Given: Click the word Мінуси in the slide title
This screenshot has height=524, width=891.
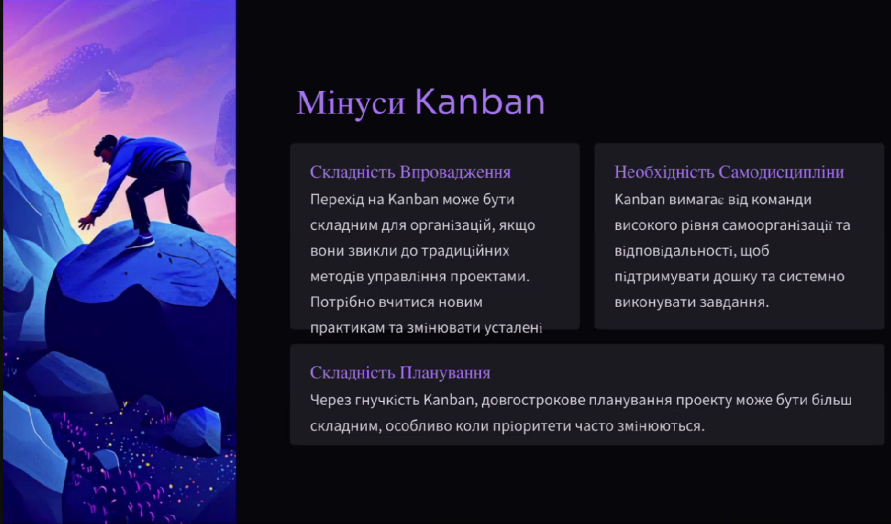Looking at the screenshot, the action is coord(351,103).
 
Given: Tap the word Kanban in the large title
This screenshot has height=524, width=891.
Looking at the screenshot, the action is coord(480,102).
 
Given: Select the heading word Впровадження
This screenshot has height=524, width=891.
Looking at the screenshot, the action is coord(455,172).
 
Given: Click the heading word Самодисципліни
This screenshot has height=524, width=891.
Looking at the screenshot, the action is coord(781,172).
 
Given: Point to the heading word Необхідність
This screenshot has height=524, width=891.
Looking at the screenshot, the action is coord(664,172).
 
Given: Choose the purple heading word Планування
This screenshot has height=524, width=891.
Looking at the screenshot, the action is coord(445,373).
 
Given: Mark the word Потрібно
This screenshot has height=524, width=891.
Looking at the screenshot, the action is coord(342,303).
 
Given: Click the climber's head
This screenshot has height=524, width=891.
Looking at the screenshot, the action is coord(106,148).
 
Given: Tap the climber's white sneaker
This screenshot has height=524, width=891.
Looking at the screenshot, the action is coord(141,241).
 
